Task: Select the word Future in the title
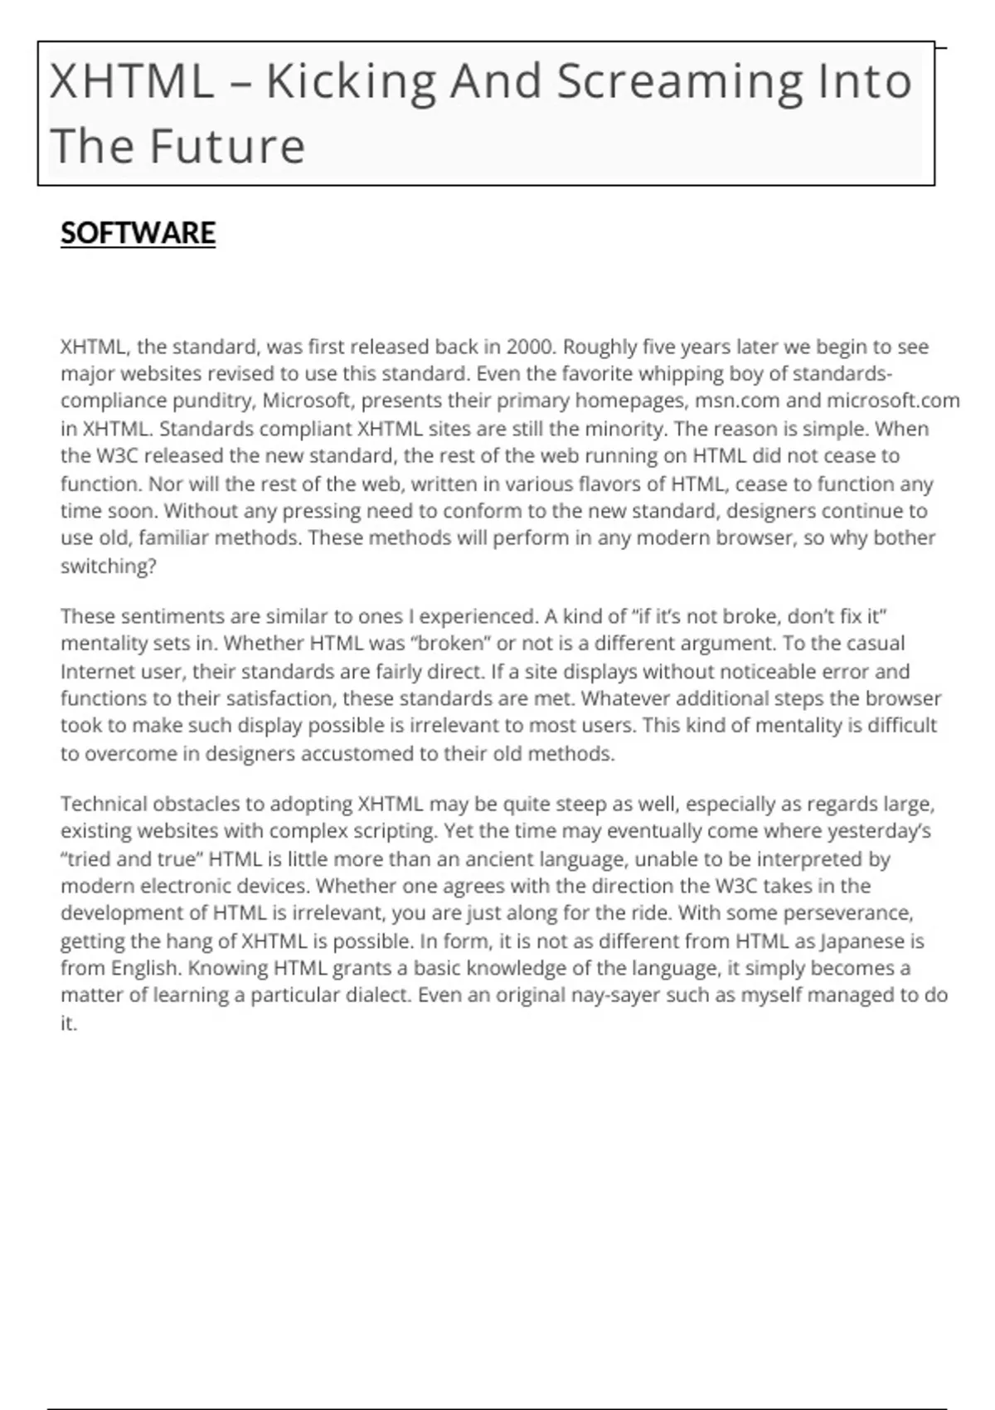(x=227, y=146)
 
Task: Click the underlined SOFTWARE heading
(x=138, y=233)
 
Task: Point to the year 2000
(x=529, y=347)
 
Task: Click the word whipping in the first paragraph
(x=680, y=374)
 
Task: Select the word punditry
(x=213, y=401)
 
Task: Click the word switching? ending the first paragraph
(x=109, y=566)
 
